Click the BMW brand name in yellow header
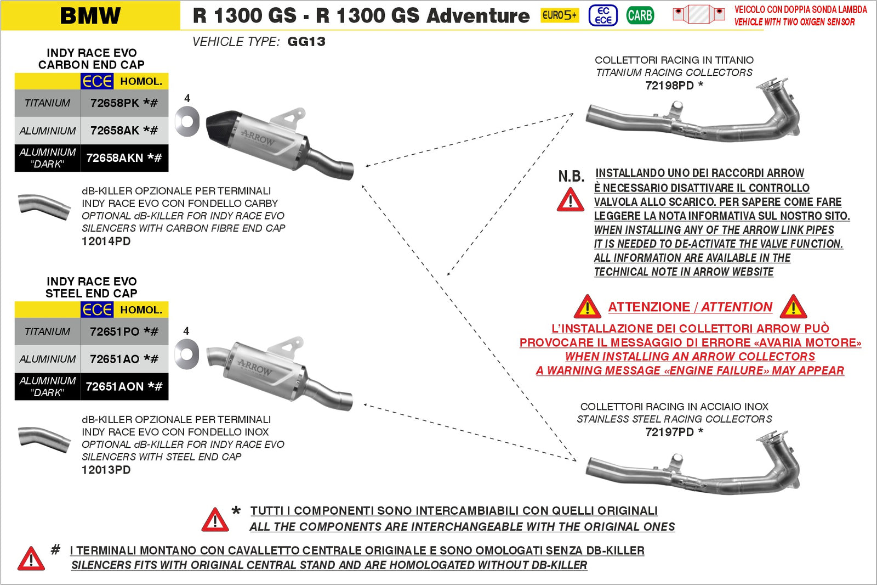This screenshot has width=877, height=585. tap(90, 15)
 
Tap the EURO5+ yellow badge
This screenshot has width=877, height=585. tap(559, 15)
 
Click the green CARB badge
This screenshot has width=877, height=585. tap(640, 15)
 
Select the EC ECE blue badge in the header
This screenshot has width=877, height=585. tap(603, 15)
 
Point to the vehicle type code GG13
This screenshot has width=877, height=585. tap(306, 42)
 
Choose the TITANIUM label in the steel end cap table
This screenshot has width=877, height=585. tap(48, 331)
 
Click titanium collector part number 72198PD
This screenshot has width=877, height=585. tap(669, 86)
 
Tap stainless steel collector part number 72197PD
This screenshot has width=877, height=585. tap(669, 432)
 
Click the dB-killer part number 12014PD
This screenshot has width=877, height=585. tap(106, 241)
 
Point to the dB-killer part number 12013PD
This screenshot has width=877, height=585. tap(106, 470)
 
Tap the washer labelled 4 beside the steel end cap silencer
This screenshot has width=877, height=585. tap(187, 354)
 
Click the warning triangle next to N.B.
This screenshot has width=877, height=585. tap(571, 200)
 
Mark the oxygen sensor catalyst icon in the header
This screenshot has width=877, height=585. tap(698, 14)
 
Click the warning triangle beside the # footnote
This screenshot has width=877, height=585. tap(31, 559)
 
